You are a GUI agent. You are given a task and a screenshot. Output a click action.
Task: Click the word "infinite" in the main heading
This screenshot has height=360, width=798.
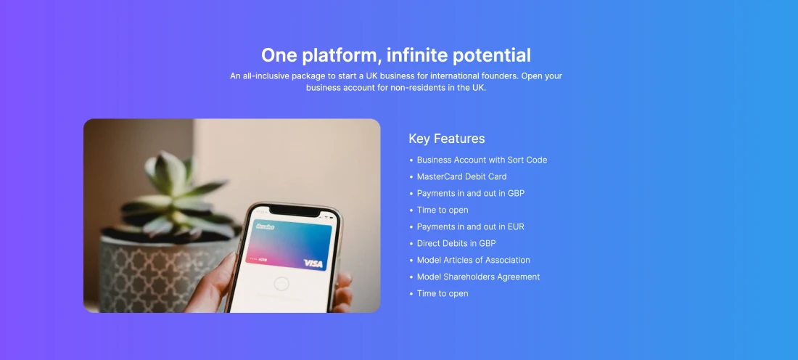coord(416,55)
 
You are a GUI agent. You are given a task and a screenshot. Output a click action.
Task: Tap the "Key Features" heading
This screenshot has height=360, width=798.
coord(446,139)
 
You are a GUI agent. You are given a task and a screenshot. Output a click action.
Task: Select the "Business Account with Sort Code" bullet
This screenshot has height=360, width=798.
coord(482,160)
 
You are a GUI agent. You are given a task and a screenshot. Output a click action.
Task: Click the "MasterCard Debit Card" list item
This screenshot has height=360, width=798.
coord(461,176)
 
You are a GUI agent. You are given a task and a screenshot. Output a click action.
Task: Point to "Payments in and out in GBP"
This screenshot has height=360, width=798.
coord(470,194)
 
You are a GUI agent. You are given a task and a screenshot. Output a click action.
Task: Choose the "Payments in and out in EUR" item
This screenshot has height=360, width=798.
coord(470,226)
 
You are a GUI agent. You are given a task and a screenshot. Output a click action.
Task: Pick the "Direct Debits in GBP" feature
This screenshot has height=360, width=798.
coord(456,243)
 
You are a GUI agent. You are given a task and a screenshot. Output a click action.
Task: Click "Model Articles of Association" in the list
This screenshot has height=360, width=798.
coord(473,260)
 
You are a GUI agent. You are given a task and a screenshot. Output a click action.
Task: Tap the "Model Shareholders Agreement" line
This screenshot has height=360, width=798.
coord(478,277)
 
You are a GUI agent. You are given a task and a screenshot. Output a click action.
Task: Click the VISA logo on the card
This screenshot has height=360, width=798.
coord(313,263)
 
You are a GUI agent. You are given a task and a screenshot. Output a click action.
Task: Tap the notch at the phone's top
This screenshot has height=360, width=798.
coord(295,210)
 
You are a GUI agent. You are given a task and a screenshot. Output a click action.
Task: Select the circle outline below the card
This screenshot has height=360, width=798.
coord(281,284)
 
